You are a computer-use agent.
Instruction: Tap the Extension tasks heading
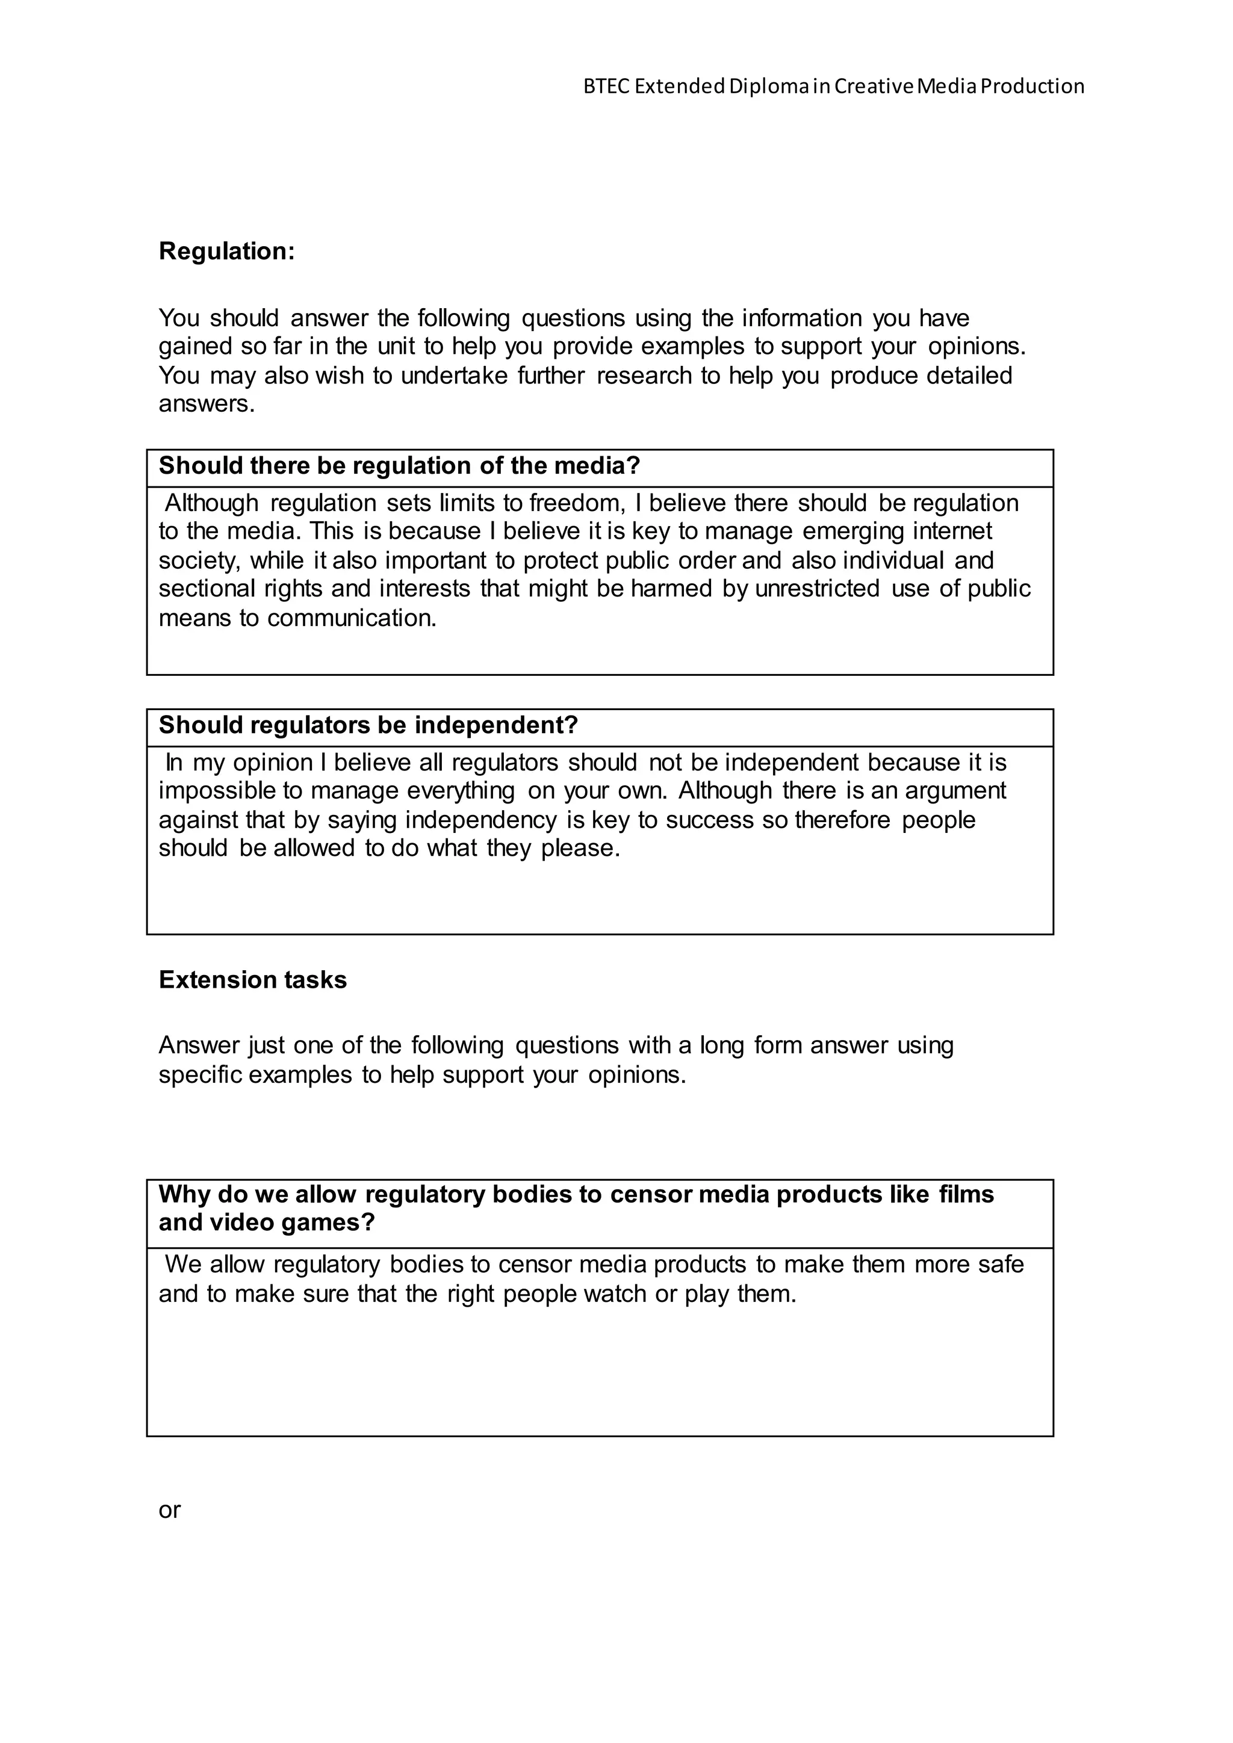(252, 980)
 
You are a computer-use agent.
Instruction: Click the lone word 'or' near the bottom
(169, 1510)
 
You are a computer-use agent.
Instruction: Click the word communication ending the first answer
(352, 619)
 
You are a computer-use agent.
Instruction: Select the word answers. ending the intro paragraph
(207, 404)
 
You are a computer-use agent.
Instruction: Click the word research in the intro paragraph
(644, 376)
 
